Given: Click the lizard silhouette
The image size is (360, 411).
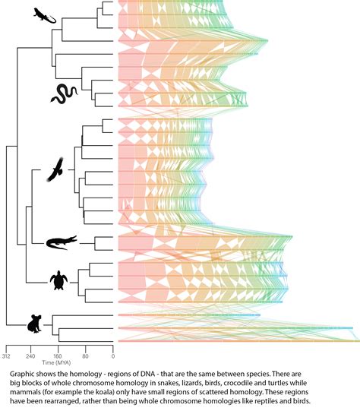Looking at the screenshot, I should click(x=45, y=16).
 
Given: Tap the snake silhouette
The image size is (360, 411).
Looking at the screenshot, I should click(x=64, y=94).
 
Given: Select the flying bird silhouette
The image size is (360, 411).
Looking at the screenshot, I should click(x=55, y=171).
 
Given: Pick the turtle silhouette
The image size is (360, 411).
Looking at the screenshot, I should click(x=58, y=281).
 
